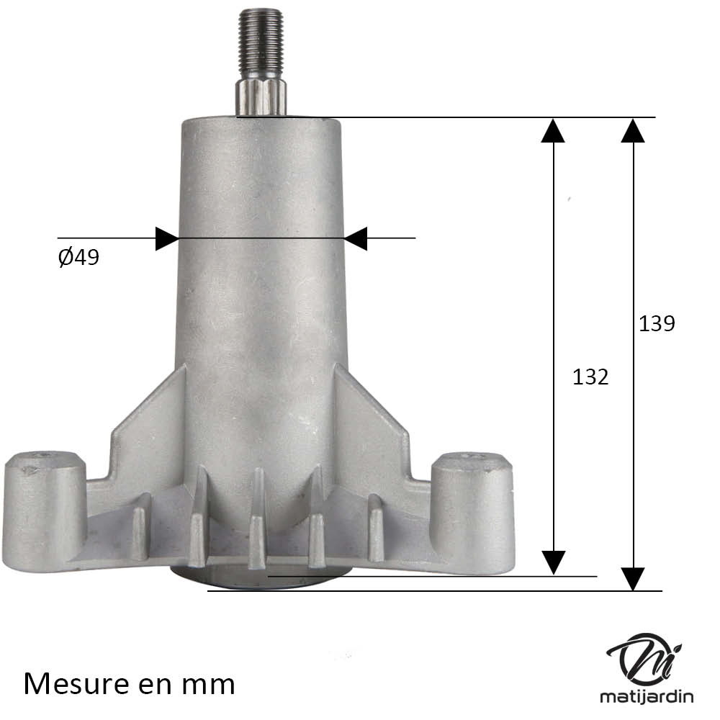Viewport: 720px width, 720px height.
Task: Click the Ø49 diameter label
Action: tap(78, 257)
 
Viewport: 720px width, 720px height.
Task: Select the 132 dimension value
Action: tap(590, 377)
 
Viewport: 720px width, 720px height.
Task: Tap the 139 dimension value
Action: tap(657, 324)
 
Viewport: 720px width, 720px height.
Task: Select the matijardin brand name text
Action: tap(647, 697)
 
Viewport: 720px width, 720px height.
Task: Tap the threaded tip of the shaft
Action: tap(261, 44)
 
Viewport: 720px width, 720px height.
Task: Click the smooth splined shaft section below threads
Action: tap(261, 97)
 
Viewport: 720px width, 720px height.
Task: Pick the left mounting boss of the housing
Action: tap(45, 511)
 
